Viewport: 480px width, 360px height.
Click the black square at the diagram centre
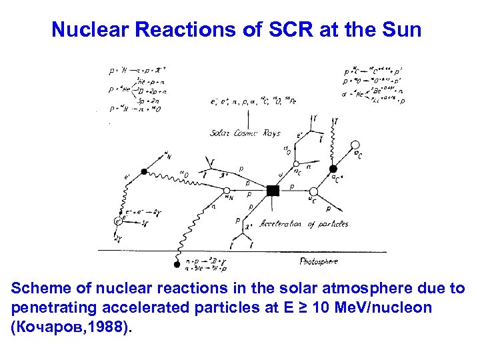coord(272,191)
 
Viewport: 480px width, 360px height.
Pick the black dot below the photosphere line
coord(177,265)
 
